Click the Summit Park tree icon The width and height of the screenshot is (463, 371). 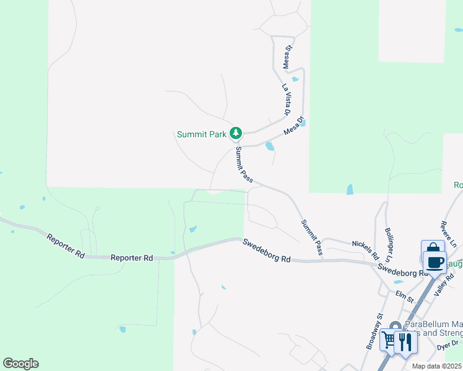(x=235, y=133)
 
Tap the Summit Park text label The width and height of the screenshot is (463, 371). (x=201, y=134)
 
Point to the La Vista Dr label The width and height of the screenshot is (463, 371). (x=286, y=100)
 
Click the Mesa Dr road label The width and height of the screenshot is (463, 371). (x=294, y=126)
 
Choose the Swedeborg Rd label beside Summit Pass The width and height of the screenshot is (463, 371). (x=266, y=252)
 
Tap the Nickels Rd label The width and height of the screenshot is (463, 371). (x=365, y=250)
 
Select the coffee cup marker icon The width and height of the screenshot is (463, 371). (x=435, y=261)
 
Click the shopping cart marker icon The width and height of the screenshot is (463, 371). (x=389, y=339)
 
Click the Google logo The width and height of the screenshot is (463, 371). (x=20, y=364)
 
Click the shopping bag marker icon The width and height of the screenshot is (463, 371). (x=431, y=249)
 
